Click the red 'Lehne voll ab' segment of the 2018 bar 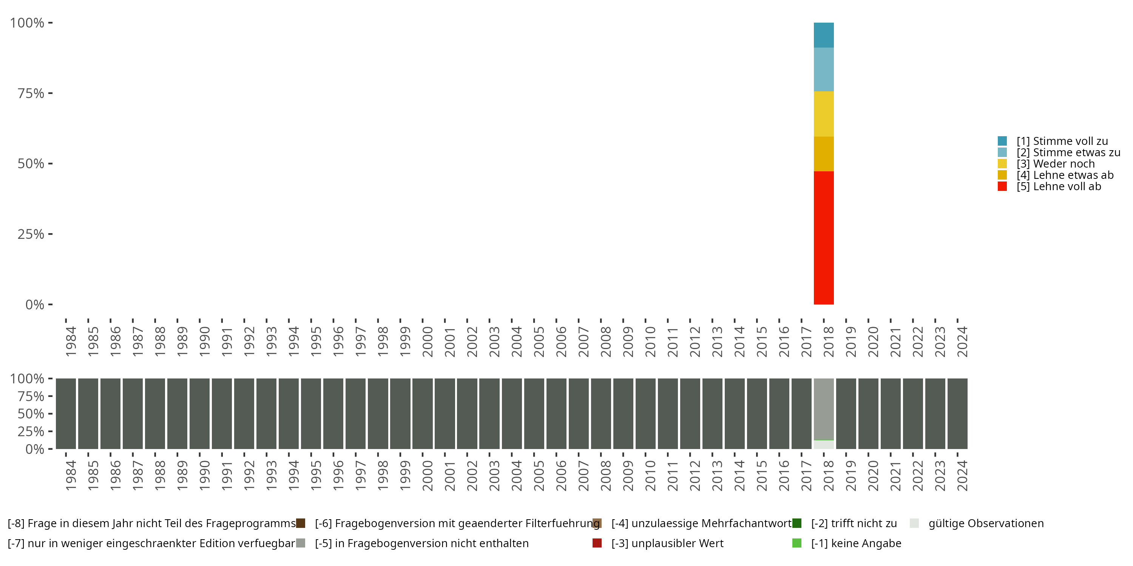point(823,237)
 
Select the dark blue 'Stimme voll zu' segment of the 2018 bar point(823,35)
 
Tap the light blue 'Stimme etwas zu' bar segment point(823,69)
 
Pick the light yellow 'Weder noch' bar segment point(823,114)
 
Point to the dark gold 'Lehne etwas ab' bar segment point(823,154)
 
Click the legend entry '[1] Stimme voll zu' point(1062,141)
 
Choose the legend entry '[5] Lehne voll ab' point(1058,186)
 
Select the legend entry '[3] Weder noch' point(1055,164)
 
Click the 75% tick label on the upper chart point(31,93)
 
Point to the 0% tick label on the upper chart point(35,305)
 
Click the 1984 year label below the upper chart point(71,341)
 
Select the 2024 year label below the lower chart point(962,475)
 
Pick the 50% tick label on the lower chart point(31,414)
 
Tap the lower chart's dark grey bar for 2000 point(422,414)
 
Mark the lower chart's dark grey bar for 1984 point(66,414)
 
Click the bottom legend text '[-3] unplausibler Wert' point(667,543)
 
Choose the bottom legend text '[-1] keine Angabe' point(856,543)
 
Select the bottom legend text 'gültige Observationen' point(986,523)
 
